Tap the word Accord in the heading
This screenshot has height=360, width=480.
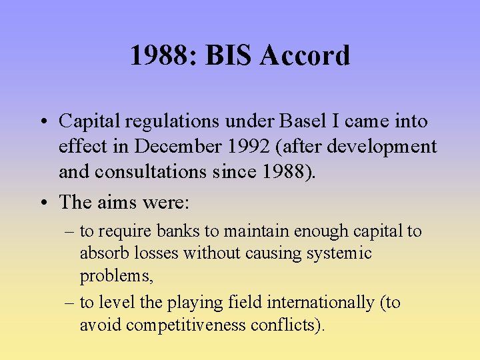(305, 55)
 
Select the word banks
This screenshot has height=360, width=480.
(179, 231)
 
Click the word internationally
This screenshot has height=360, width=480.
(321, 303)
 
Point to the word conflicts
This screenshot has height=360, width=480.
(291, 325)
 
